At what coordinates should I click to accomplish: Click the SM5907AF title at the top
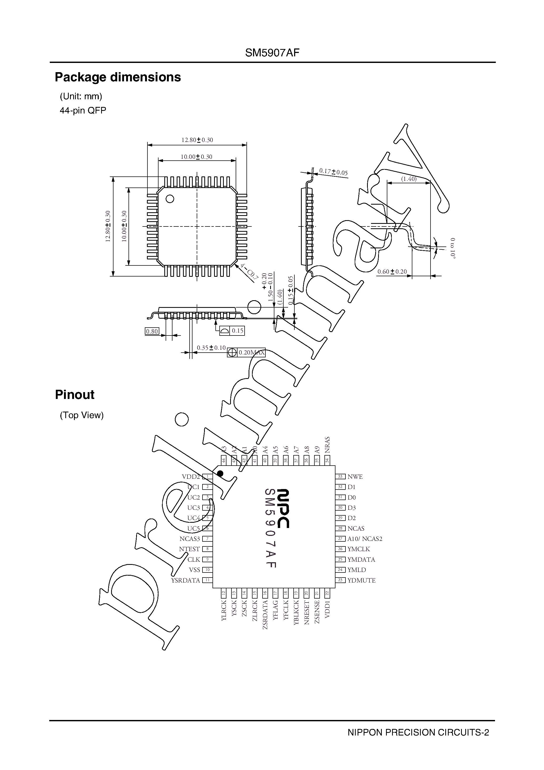(272, 53)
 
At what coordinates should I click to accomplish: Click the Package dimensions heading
(118, 77)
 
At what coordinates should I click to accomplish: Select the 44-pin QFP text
(83, 110)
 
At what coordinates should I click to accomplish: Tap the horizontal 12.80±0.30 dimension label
(197, 140)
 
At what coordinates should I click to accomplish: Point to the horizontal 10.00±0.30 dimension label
(196, 157)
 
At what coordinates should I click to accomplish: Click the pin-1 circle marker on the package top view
(170, 199)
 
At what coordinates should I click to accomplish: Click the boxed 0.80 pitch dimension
(152, 331)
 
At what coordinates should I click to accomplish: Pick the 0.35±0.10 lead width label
(211, 348)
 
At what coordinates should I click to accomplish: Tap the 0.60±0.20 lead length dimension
(392, 272)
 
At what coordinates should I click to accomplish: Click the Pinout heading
(75, 395)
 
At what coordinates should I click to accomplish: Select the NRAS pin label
(327, 445)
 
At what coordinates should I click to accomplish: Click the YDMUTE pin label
(362, 580)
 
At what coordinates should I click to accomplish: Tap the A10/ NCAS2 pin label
(365, 539)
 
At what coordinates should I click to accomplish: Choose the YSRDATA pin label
(185, 580)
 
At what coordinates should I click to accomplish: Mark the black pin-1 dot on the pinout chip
(220, 473)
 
